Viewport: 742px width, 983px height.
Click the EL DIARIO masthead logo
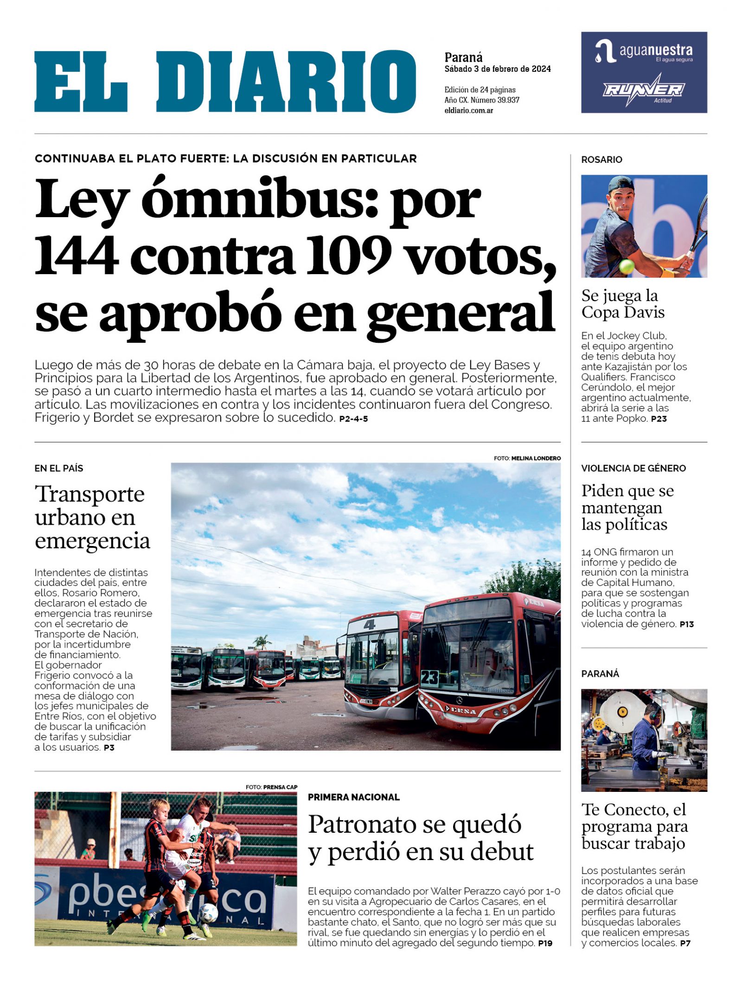point(225,82)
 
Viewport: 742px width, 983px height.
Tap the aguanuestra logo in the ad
point(644,51)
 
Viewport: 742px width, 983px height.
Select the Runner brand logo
point(644,89)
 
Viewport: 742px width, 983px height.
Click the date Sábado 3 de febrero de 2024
point(497,69)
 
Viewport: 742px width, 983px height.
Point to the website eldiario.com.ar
point(468,110)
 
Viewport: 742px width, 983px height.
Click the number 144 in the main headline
point(77,256)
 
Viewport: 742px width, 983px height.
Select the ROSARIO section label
point(601,160)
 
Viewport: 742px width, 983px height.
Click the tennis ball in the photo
point(626,266)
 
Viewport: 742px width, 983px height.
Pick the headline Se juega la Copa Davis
point(622,304)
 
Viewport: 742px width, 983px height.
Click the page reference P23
point(659,419)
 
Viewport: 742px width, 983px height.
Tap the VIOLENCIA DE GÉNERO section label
point(633,468)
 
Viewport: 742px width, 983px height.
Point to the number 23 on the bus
point(429,678)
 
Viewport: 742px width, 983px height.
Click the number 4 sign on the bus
point(369,625)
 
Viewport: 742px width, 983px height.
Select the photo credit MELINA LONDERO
point(536,458)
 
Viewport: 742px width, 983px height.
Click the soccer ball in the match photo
point(208,912)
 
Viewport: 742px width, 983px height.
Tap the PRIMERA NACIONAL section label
point(353,797)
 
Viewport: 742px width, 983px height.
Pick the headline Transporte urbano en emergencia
point(92,517)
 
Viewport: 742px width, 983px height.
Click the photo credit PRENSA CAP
point(280,787)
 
